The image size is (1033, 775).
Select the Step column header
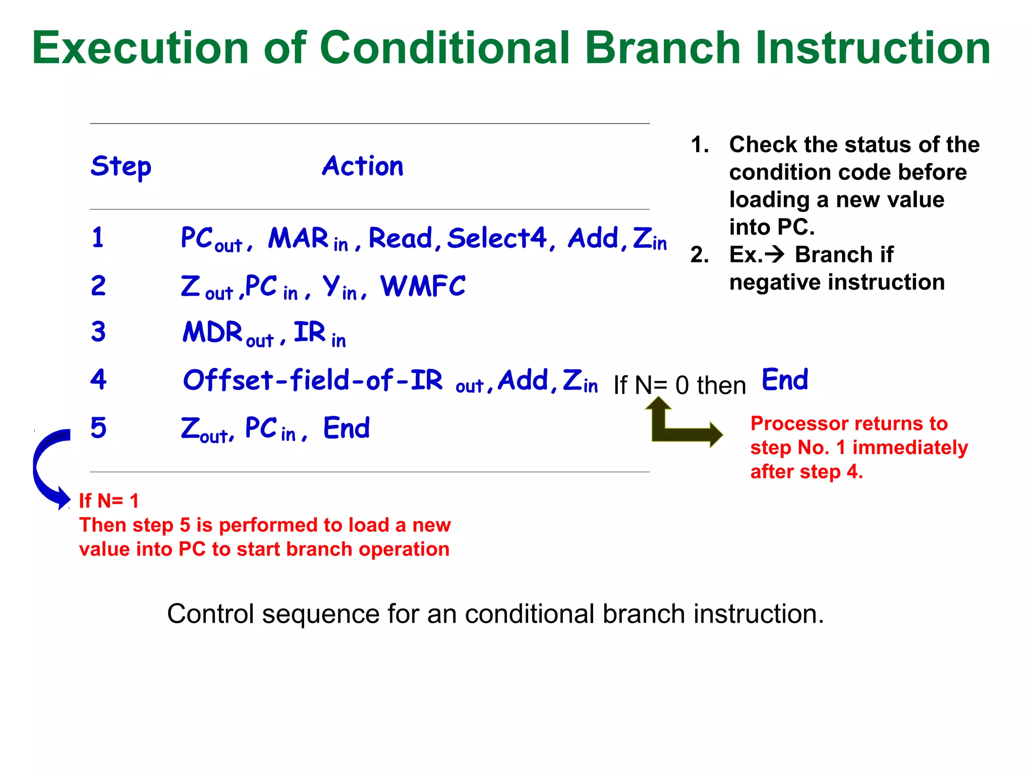point(121,167)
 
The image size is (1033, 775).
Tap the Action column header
point(363,166)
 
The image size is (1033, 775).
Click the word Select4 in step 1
point(497,238)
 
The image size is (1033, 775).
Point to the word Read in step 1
point(400,238)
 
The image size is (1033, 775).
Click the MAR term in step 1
point(299,238)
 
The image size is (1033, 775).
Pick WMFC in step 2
point(423,287)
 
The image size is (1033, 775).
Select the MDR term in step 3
point(213,333)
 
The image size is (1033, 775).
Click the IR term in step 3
point(310,333)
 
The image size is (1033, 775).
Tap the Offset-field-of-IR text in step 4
point(313,380)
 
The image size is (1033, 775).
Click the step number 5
point(98,428)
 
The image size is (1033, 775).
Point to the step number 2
point(98,286)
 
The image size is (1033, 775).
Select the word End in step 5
point(347,428)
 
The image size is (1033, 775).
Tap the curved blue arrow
point(48,467)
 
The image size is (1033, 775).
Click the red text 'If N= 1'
point(108,501)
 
